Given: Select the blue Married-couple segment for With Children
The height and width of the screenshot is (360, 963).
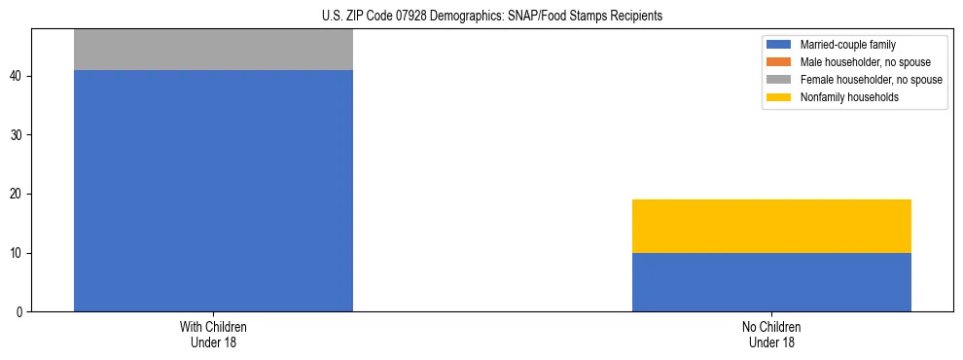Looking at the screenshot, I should point(213,191).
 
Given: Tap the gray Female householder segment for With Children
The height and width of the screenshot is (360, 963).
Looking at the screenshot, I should point(213,50).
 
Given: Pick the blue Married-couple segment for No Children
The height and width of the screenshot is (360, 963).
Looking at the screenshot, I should point(771,282).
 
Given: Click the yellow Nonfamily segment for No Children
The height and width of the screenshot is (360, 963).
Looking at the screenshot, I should point(771,226).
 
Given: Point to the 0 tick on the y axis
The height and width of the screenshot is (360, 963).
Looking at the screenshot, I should point(21,312).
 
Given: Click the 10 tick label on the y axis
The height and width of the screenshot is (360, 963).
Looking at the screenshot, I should point(18,253).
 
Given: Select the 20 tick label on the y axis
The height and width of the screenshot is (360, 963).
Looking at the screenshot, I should point(18,194).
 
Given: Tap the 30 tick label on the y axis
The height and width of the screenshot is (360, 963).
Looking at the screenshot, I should point(18,135).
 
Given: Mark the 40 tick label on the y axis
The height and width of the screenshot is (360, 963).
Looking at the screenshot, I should point(18,76).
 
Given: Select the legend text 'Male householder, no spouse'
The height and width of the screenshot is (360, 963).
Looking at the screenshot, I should point(858,62).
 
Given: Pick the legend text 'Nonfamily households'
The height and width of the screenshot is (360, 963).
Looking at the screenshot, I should point(842,97).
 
